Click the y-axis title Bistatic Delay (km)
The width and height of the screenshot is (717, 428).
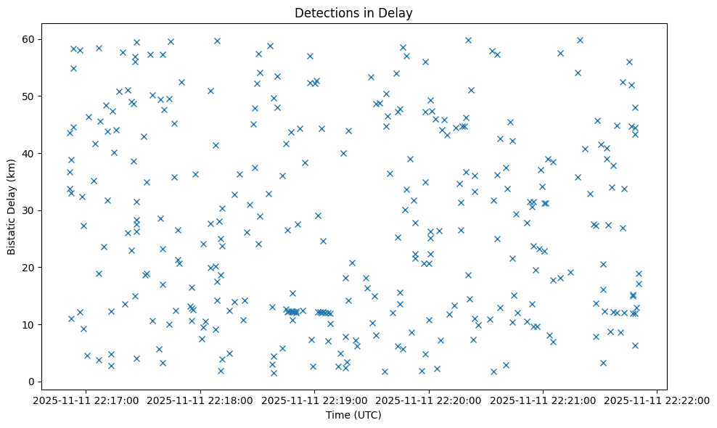(x=12, y=207)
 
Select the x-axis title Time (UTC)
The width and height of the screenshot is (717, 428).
(x=353, y=416)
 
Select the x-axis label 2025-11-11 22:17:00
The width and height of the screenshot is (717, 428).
(x=86, y=400)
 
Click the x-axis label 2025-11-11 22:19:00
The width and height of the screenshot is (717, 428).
(x=314, y=400)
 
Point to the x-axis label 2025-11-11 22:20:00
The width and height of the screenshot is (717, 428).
(x=429, y=400)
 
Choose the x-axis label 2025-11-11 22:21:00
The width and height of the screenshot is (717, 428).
(x=543, y=400)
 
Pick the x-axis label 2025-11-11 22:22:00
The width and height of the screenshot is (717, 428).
(x=657, y=400)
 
